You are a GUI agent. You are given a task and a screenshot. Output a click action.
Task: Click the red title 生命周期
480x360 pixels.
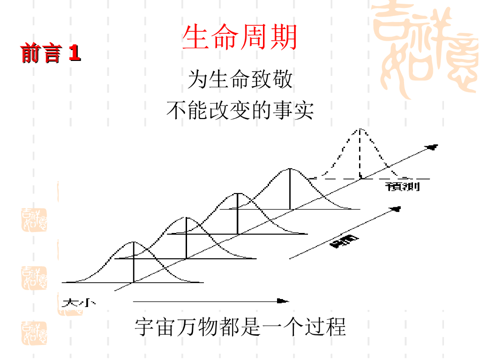point(240,38)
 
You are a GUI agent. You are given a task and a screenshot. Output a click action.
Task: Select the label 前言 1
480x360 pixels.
point(51,53)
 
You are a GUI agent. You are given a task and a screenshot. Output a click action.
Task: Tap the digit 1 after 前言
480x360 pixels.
point(75,53)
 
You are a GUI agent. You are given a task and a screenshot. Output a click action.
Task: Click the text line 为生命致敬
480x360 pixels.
point(240,79)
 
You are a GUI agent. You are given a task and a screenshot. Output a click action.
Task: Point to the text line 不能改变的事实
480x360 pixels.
point(240,111)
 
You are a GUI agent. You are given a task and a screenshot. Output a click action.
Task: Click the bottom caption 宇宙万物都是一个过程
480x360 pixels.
point(240,327)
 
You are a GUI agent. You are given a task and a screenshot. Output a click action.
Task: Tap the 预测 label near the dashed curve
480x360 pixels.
point(403,187)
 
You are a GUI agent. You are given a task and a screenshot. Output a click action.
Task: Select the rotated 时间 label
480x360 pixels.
point(345,241)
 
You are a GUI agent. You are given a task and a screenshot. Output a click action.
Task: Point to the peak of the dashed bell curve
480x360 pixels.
point(360,129)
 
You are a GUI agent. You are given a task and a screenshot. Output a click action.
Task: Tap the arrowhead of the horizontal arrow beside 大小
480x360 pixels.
point(283,301)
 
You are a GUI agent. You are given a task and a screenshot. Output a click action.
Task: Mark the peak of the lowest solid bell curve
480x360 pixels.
point(134,242)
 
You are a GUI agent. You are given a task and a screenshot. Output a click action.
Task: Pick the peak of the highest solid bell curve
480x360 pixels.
point(290,169)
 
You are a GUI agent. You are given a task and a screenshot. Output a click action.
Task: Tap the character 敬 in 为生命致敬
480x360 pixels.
point(282,79)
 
